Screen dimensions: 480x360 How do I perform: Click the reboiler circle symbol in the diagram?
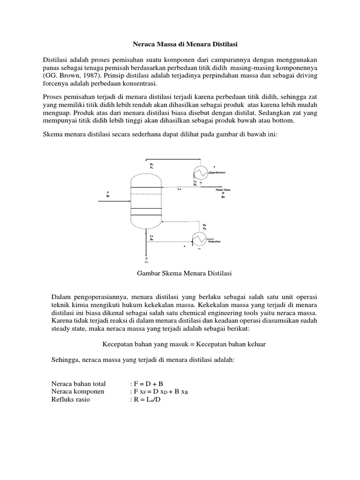(x=200, y=240)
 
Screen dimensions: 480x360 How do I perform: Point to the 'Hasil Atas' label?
(x=223, y=189)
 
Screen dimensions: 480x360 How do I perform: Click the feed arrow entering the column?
(x=112, y=201)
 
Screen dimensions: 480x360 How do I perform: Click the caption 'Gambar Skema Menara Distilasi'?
(x=180, y=273)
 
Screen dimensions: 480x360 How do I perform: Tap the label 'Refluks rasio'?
(x=71, y=400)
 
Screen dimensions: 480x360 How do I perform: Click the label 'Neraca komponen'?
(x=77, y=392)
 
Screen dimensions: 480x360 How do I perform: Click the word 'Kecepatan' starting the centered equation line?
(x=118, y=345)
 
